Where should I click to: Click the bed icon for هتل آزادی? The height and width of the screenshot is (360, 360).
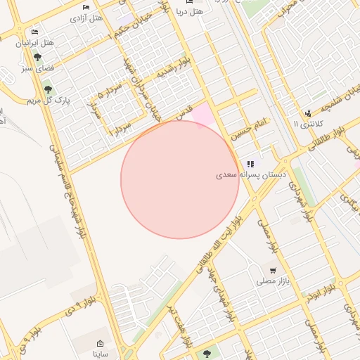pos(86,8)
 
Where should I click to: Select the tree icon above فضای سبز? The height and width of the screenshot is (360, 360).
pos(37,58)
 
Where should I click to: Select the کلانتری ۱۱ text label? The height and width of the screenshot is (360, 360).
pos(307,124)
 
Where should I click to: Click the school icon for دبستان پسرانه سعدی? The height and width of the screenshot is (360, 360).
pos(251,164)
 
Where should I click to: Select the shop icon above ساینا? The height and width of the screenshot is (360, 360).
pos(100,343)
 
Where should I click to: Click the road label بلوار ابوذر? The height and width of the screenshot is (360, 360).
pos(320,293)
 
